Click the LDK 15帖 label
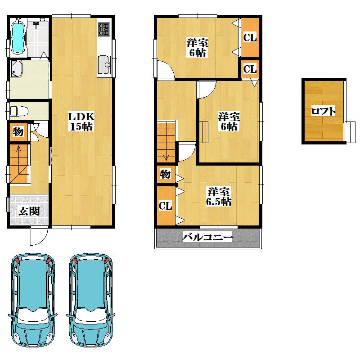click(x=81, y=121)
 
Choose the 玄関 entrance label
click(x=28, y=211)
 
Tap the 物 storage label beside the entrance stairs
click(x=18, y=132)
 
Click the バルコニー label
click(x=207, y=237)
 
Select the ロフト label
click(x=323, y=111)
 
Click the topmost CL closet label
click(x=250, y=38)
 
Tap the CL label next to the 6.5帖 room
click(x=166, y=206)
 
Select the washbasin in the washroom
click(x=18, y=69)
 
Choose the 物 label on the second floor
click(x=165, y=174)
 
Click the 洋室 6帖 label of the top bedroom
click(x=198, y=48)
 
